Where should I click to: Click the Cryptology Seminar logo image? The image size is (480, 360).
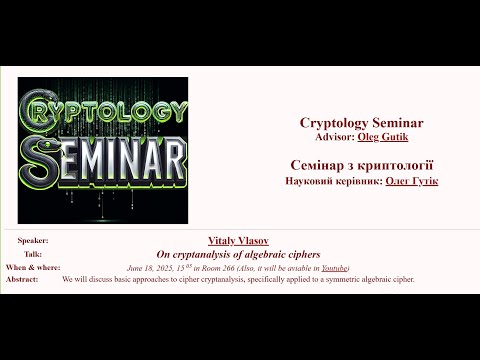tap(102, 150)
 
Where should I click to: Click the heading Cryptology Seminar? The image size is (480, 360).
tap(355, 122)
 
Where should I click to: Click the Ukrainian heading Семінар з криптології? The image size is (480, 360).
tap(355, 164)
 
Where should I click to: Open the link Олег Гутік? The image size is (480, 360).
tap(410, 180)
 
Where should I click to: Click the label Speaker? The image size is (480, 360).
tap(33, 241)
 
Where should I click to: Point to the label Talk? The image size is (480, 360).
tap(33, 254)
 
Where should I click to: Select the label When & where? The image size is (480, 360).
tap(33, 268)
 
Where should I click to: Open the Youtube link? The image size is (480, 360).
tap(334, 268)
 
